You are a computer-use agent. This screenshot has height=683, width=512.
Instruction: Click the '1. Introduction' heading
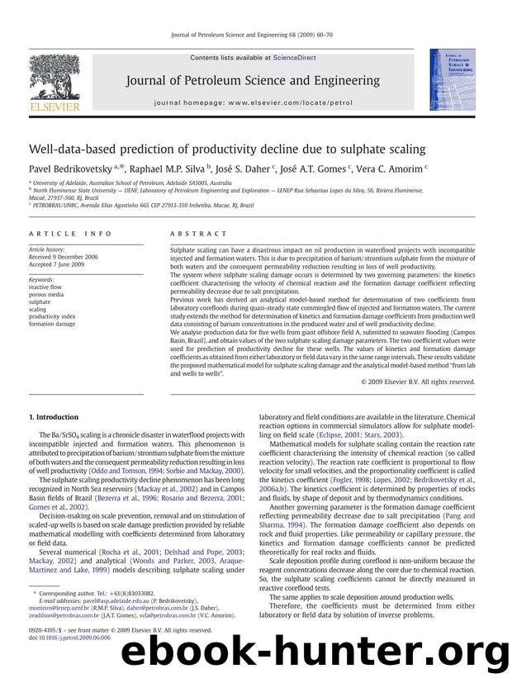[55, 418]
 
